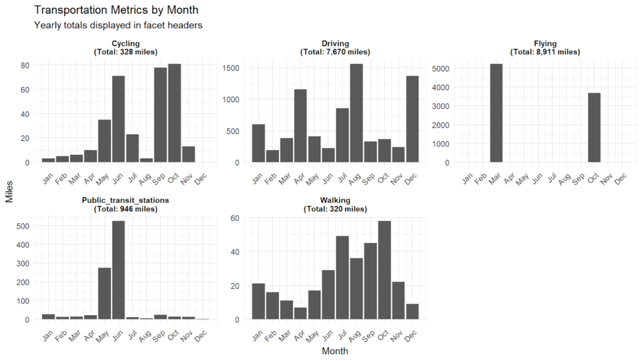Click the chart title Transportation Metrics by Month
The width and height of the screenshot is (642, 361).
116,10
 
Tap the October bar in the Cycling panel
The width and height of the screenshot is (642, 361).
174,113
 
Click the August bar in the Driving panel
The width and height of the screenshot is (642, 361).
356,113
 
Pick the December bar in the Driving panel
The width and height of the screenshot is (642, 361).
412,119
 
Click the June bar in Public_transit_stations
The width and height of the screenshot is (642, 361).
118,269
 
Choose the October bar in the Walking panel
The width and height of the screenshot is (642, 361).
384,269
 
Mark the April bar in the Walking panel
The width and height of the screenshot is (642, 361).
300,313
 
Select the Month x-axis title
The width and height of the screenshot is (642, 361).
335,352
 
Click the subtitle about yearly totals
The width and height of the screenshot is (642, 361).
118,26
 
